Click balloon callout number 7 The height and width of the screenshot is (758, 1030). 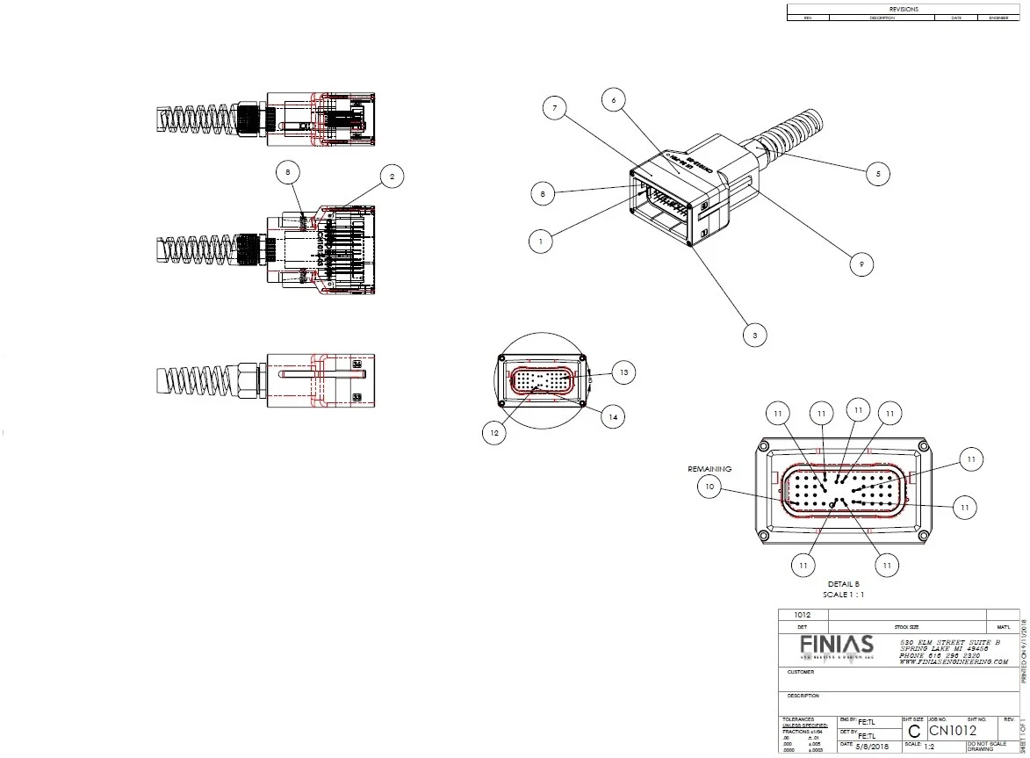click(x=554, y=109)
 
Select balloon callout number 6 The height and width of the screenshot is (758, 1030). click(x=614, y=100)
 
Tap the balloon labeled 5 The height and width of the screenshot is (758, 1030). click(x=876, y=174)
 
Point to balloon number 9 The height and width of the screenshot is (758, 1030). click(x=863, y=263)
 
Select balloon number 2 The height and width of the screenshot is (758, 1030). click(x=392, y=177)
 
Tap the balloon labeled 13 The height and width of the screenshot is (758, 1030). click(x=622, y=372)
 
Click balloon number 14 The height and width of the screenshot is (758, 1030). click(x=611, y=418)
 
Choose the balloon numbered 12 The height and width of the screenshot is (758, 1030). click(x=493, y=432)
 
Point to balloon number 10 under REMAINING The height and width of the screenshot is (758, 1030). click(x=710, y=486)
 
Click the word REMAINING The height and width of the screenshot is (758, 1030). click(x=709, y=469)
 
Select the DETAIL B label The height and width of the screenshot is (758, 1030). click(x=843, y=583)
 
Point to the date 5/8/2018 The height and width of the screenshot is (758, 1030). click(x=871, y=746)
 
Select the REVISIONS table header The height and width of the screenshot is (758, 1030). click(x=904, y=9)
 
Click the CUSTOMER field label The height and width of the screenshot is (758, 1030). click(x=800, y=672)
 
